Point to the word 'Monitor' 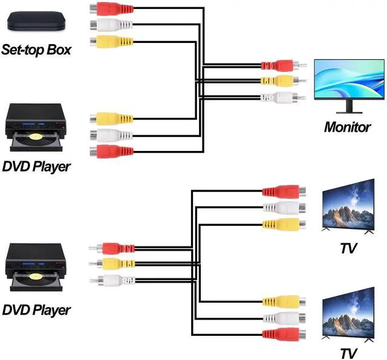point(347,127)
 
